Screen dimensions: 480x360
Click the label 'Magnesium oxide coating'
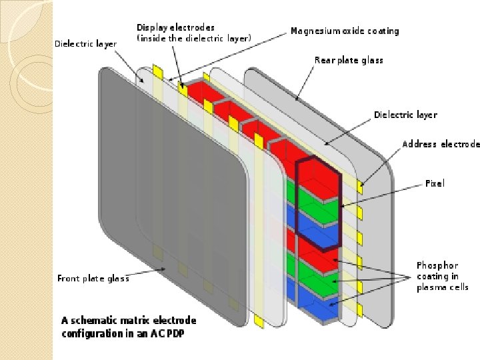click(x=345, y=31)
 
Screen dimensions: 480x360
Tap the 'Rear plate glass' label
click(x=349, y=61)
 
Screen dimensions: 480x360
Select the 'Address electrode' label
click(x=441, y=145)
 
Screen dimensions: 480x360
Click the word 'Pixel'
click(x=435, y=183)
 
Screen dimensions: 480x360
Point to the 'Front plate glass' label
click(x=93, y=279)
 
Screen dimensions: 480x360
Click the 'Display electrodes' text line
click(x=175, y=27)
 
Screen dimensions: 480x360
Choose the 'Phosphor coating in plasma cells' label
click(x=442, y=276)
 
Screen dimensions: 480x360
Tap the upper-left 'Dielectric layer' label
click(x=85, y=44)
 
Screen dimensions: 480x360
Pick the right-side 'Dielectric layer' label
click(x=405, y=115)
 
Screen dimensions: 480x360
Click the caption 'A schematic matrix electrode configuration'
click(x=129, y=327)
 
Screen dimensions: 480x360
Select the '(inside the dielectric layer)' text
click(x=193, y=39)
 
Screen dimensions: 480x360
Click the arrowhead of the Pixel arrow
click(x=343, y=205)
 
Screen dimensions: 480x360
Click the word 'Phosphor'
click(x=437, y=265)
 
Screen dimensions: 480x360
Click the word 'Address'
click(x=419, y=145)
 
